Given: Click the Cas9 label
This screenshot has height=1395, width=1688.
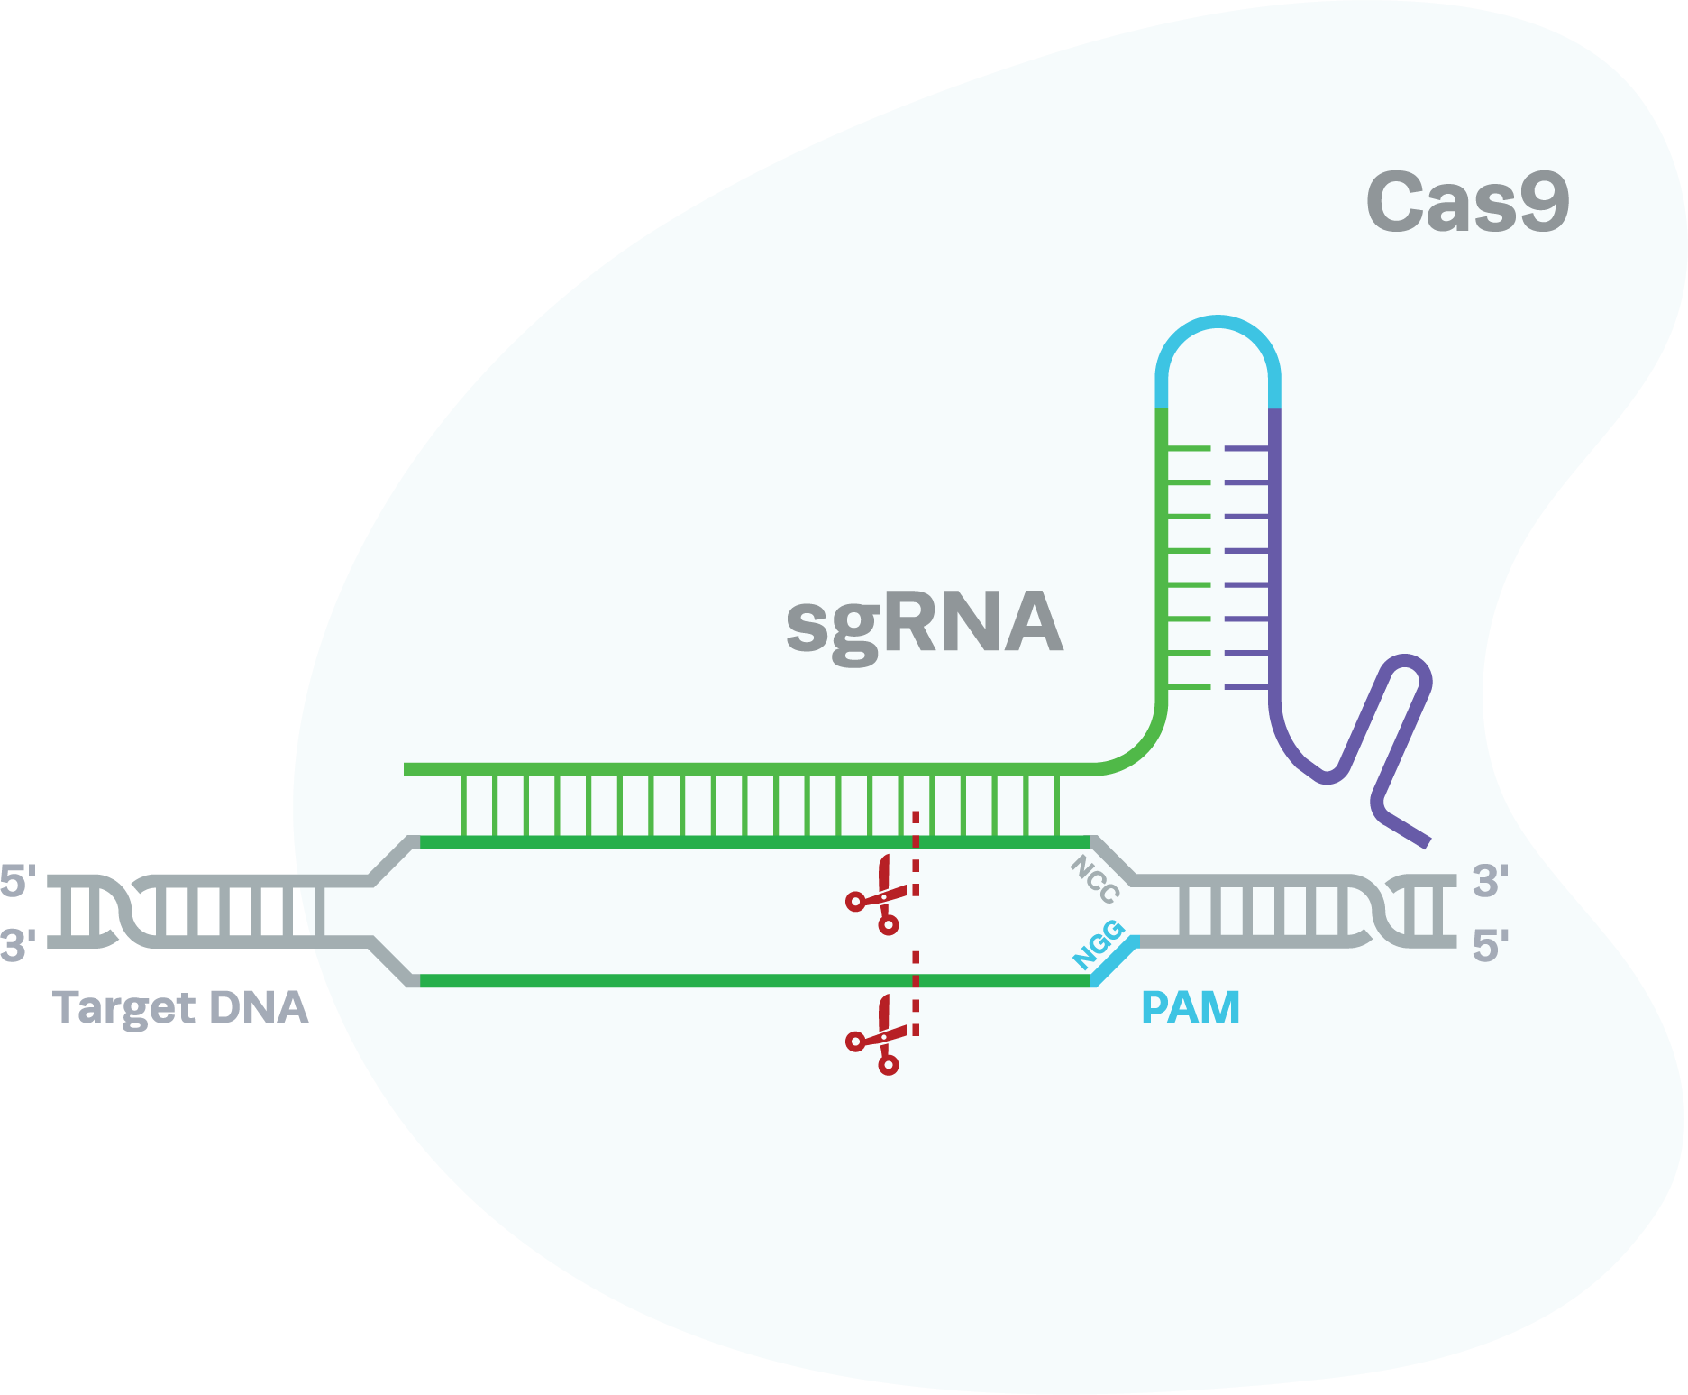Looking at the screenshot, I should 1467,203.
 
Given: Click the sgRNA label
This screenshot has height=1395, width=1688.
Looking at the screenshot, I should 925,623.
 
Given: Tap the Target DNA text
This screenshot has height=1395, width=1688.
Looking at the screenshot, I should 181,1008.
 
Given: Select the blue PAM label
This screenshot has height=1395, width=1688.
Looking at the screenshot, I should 1191,1007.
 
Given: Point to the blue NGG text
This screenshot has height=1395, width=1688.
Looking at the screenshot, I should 1099,945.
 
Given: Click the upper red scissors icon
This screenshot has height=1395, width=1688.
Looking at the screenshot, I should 877,896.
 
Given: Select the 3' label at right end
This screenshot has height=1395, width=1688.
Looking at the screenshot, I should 1490,881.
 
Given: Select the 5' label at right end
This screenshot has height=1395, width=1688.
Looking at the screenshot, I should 1490,946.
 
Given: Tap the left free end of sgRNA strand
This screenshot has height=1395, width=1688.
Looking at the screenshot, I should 408,769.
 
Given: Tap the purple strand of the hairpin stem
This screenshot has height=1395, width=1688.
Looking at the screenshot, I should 1274,559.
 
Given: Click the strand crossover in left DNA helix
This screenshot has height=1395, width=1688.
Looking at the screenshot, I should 123,911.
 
